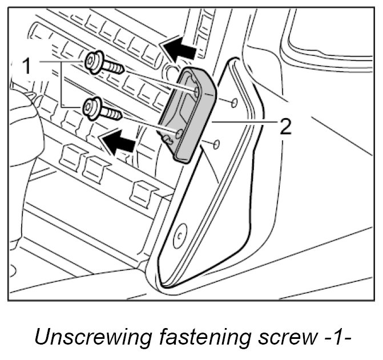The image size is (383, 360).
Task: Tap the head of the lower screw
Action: point(90,106)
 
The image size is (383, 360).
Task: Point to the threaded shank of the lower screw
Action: point(112,113)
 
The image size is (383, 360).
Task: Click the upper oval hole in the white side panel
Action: point(233,103)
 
